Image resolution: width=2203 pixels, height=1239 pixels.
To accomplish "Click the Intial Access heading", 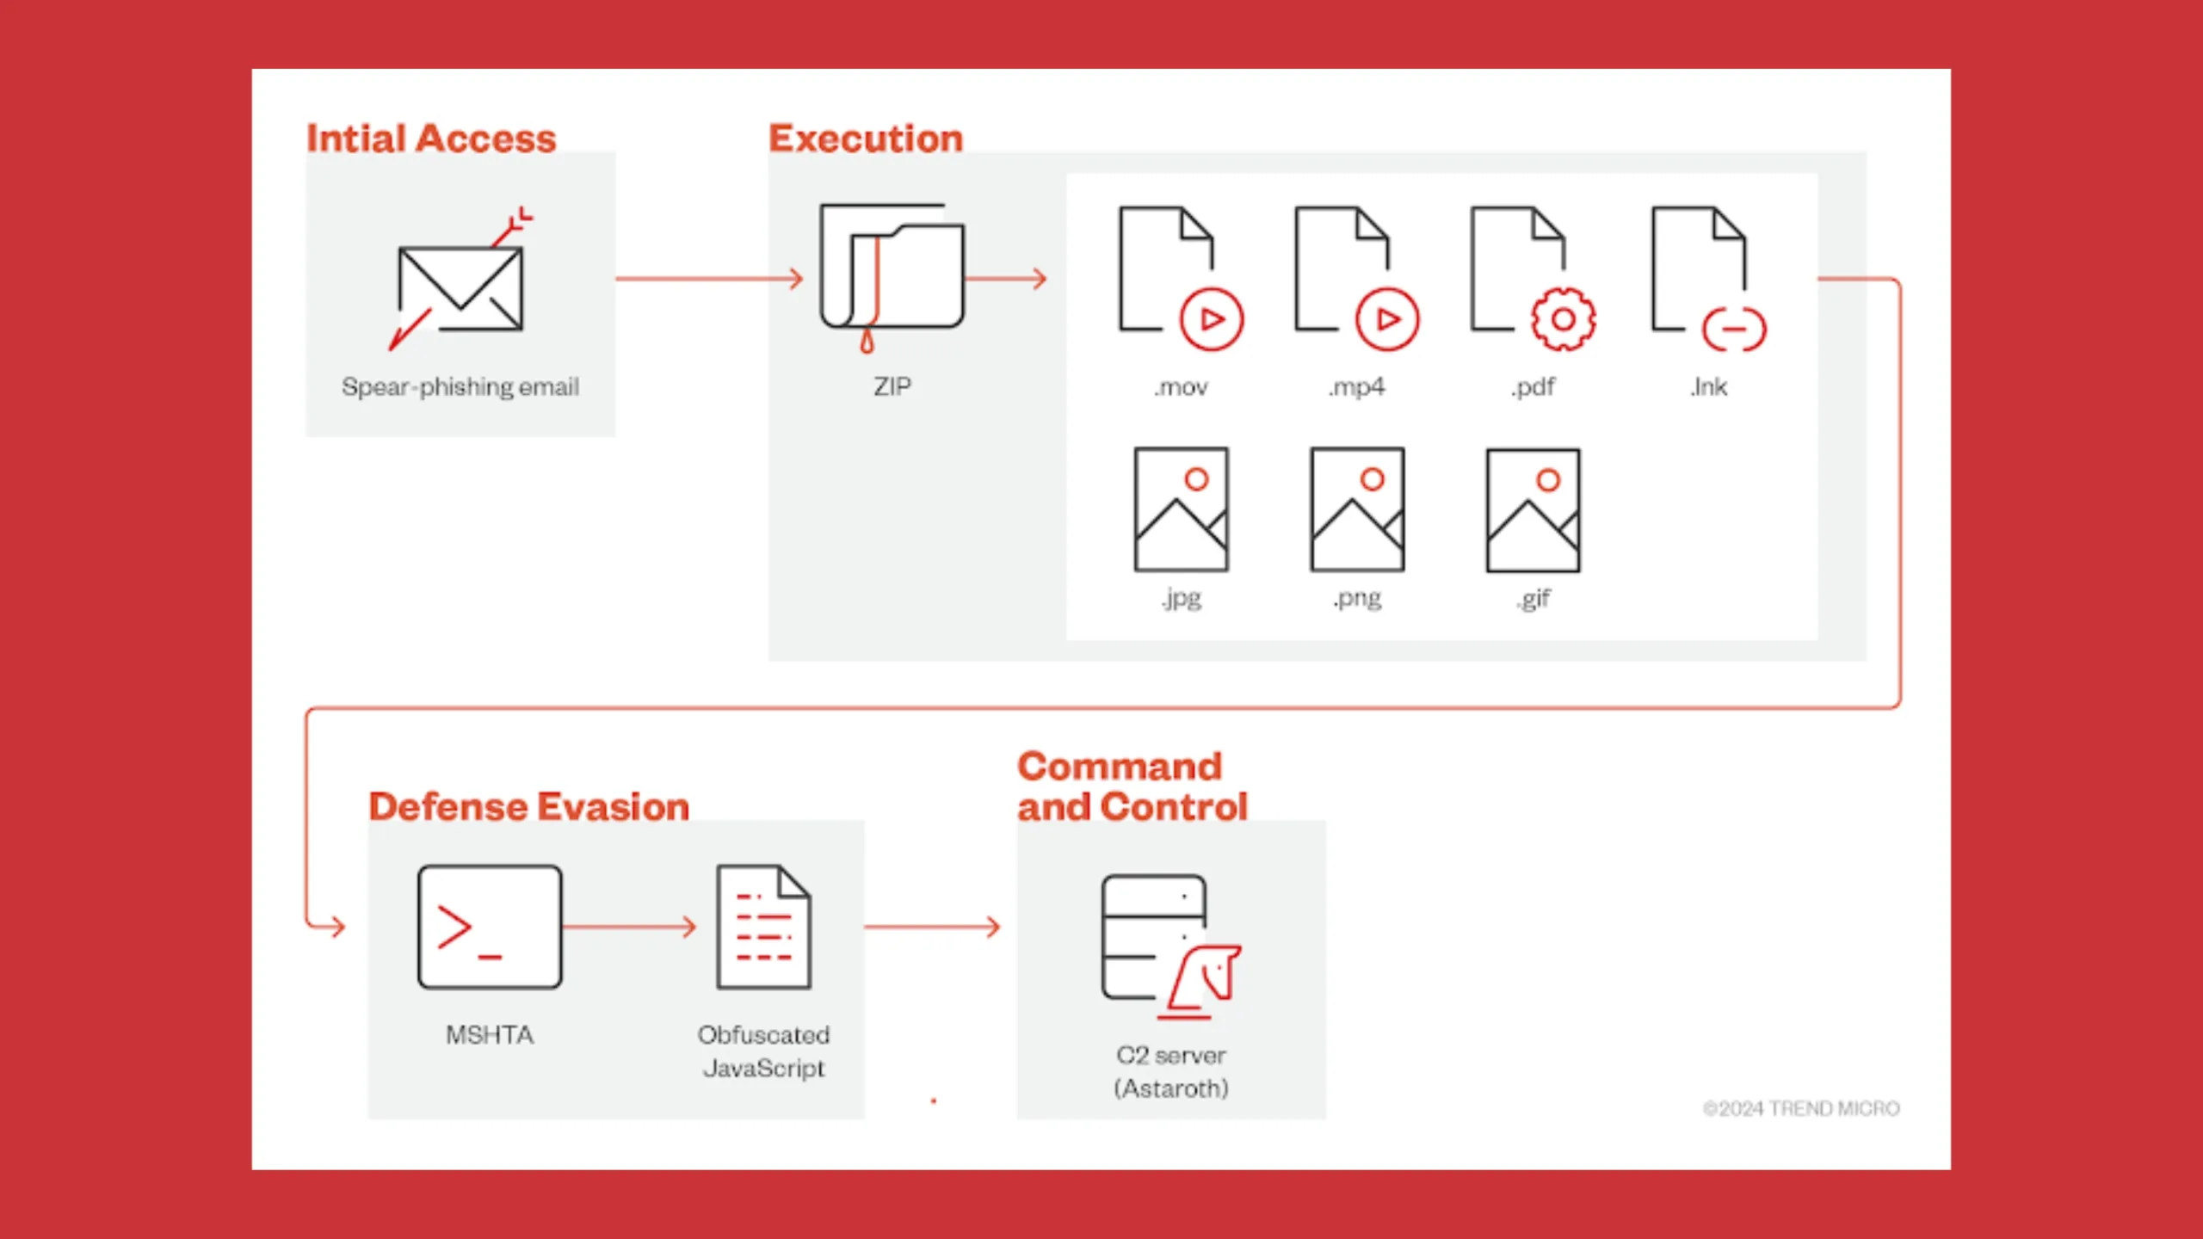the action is pos(431,139).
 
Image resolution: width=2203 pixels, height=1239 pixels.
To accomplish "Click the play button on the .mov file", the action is pos(1212,319).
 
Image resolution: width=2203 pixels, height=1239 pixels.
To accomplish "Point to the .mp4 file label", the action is pos(1357,387).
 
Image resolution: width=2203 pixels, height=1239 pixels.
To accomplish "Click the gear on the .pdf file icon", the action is pos(1564,319).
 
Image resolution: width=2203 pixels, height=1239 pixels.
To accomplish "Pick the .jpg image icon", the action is pos(1182,509).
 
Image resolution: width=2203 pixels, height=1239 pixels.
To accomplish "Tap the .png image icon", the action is pos(1357,509).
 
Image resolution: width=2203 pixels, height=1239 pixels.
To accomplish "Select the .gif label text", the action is pos(1533,598).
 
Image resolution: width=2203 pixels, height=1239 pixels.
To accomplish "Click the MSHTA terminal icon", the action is pos(490,927).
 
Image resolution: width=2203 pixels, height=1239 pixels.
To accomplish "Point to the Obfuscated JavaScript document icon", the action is pos(764,927).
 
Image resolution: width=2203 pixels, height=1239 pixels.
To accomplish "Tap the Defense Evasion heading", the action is pos(529,807).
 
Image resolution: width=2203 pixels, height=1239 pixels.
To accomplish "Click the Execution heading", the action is pos(866,139).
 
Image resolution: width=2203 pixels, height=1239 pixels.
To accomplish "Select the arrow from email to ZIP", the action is pos(710,279).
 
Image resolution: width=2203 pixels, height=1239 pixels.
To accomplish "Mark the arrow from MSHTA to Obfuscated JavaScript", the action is pos(629,927).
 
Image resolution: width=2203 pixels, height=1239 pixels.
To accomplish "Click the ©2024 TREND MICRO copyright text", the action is pos(1801,1108).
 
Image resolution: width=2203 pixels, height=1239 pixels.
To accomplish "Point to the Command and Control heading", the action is pos(1132,786).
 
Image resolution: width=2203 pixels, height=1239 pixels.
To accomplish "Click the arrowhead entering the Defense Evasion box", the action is pos(337,927).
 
